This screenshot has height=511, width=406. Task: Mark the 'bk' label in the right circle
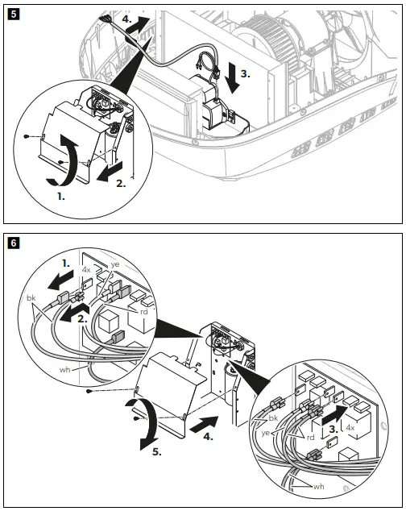(x=274, y=418)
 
